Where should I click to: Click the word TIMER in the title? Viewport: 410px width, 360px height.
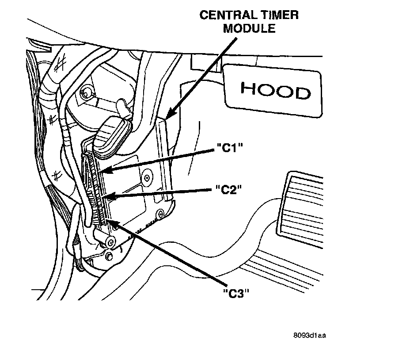[x=277, y=15]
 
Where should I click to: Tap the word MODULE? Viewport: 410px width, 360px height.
[x=249, y=29]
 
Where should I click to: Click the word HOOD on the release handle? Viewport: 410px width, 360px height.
[x=275, y=91]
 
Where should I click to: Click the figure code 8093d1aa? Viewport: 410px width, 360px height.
[x=308, y=337]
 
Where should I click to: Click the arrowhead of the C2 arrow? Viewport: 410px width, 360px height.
[x=106, y=197]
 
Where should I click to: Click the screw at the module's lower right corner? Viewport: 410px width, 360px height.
[x=162, y=214]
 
